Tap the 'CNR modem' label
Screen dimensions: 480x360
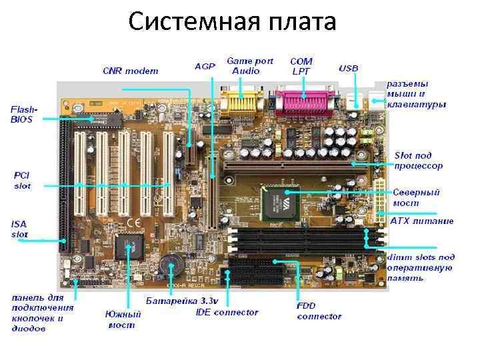131,71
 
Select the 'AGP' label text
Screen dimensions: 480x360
205,67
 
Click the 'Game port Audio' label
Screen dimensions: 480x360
250,66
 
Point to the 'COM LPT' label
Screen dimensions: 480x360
301,66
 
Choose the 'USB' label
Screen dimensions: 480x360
349,68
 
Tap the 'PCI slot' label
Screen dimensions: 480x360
23,180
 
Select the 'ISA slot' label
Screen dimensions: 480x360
21,229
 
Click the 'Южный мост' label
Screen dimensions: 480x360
123,319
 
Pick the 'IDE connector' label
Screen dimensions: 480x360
227,312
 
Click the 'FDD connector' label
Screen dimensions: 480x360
319,311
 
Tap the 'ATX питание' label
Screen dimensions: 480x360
421,221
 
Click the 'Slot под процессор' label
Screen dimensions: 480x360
419,160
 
